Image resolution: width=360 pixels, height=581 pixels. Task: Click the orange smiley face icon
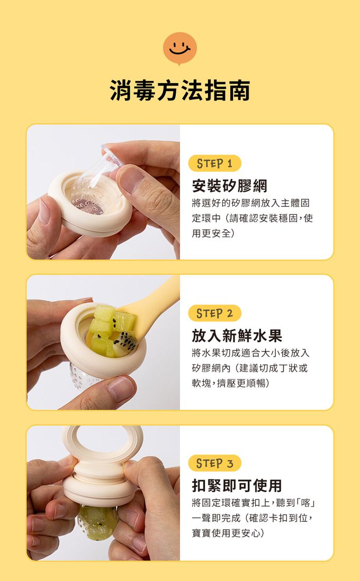point(180,49)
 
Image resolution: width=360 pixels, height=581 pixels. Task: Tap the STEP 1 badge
point(214,164)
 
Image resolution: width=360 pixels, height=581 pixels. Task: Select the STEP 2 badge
point(214,313)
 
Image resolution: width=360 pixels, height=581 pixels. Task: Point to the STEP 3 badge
point(214,463)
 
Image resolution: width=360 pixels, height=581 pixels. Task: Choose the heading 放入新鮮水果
point(237,335)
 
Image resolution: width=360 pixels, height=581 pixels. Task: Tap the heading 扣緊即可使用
point(237,485)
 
